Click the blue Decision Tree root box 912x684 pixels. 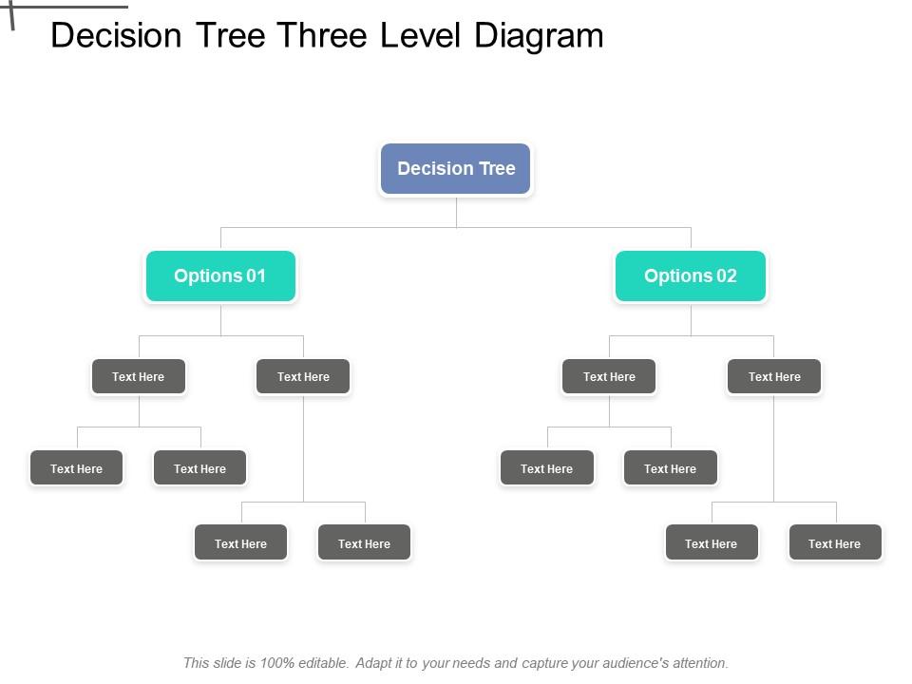pos(456,169)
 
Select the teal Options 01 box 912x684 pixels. pos(220,276)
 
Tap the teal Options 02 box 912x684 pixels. pos(691,276)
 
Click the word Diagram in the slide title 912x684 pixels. pos(539,35)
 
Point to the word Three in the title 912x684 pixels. pos(323,35)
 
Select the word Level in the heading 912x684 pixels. pos(422,35)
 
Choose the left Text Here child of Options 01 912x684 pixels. pos(139,377)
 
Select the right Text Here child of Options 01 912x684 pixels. pos(303,377)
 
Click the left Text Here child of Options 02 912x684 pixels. pos(609,377)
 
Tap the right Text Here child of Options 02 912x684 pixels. pos(774,377)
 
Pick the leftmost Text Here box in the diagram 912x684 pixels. pos(77,468)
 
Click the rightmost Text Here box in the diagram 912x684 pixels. pos(835,543)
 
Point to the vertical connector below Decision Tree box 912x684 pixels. pos(456,212)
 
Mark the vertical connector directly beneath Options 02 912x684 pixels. pos(691,319)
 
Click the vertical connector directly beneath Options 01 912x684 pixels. pos(220,319)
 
